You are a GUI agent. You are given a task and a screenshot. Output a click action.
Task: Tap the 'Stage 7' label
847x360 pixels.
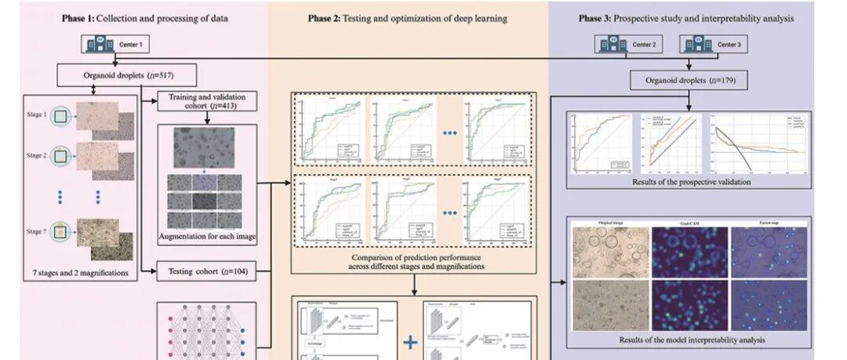(37, 231)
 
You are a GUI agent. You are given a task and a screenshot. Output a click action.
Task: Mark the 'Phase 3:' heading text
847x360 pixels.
(602, 16)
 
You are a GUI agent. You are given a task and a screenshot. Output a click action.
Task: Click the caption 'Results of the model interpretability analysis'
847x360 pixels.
(690, 340)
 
